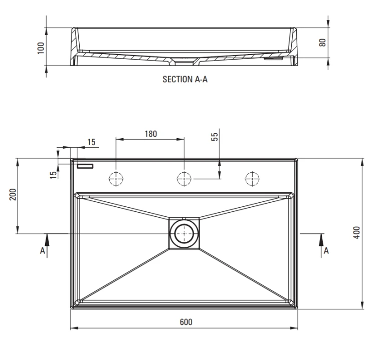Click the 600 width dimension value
[186, 322]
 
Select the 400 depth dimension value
[357, 232]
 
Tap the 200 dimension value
[13, 194]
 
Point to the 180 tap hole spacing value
[151, 134]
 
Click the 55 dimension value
[215, 137]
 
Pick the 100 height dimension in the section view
[41, 48]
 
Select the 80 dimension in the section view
[322, 43]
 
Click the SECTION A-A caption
[185, 79]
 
